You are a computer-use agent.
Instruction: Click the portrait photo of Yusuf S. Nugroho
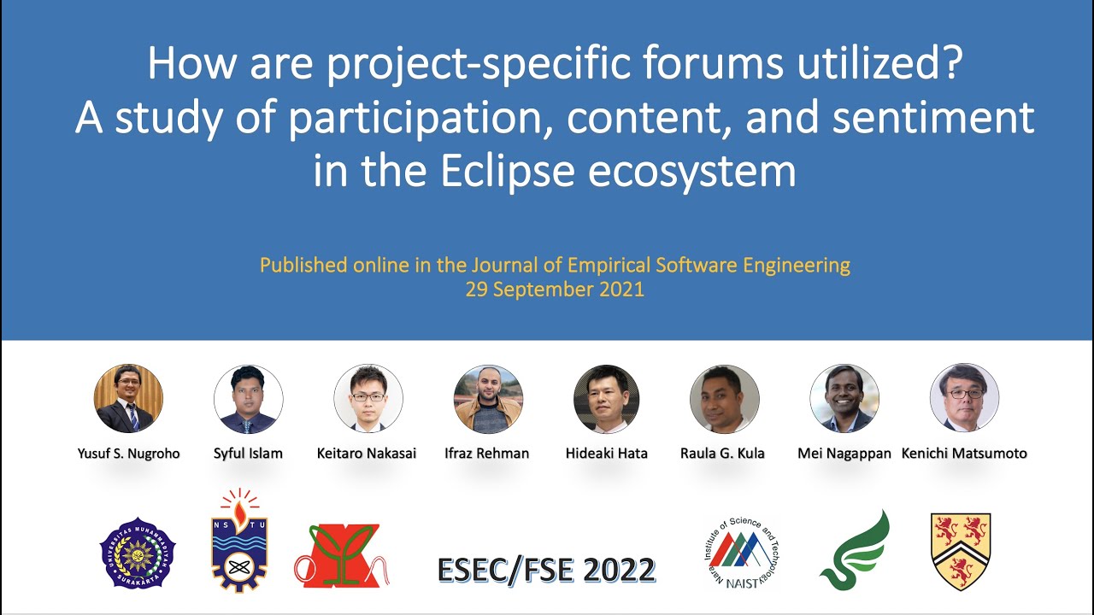click(x=128, y=399)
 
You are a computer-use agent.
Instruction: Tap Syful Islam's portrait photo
click(x=248, y=399)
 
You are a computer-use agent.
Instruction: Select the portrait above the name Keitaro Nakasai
click(x=368, y=399)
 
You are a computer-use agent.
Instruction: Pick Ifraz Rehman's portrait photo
click(x=488, y=399)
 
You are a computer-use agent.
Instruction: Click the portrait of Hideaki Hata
click(x=606, y=399)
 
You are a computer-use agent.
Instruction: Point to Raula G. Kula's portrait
click(x=724, y=399)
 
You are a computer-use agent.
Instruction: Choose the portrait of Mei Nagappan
click(x=844, y=399)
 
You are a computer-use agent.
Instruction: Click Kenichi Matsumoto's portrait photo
click(x=964, y=399)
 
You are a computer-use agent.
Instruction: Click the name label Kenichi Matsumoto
click(x=964, y=454)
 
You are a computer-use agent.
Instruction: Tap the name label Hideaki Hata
click(x=606, y=454)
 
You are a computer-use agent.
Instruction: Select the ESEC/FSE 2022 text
click(x=546, y=570)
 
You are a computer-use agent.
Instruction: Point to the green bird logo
click(x=856, y=551)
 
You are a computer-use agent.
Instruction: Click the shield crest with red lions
click(x=961, y=551)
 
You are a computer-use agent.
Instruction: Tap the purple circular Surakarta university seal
click(x=138, y=553)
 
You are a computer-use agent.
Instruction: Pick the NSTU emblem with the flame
click(x=239, y=542)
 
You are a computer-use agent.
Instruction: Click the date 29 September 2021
click(x=555, y=290)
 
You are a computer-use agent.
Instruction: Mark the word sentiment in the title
click(x=932, y=118)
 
